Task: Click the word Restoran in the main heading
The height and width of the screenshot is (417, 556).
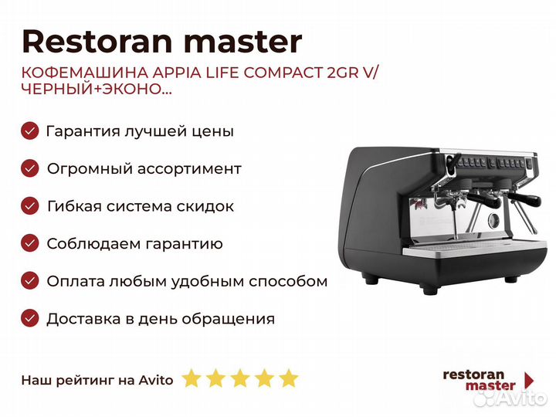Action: click(x=97, y=42)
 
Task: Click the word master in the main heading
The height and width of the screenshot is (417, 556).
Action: click(x=243, y=42)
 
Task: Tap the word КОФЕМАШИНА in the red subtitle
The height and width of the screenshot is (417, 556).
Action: click(x=84, y=73)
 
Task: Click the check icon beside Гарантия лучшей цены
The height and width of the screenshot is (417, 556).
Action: click(x=30, y=131)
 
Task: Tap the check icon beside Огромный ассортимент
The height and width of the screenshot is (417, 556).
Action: click(x=30, y=168)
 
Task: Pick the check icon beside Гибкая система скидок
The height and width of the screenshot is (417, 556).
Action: click(x=30, y=206)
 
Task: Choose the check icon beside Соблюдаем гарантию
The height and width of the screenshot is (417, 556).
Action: click(x=30, y=243)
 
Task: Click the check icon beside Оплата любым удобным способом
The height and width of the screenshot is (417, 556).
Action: click(x=30, y=281)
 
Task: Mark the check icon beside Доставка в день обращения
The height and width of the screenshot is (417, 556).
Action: click(x=30, y=318)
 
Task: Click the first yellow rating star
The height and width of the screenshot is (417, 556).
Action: click(x=192, y=378)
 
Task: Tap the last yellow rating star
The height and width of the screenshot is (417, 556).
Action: click(x=289, y=378)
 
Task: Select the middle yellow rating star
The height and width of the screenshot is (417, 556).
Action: click(x=240, y=378)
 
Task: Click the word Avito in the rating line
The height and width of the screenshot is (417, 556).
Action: click(x=156, y=380)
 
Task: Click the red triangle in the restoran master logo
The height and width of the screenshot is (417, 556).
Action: click(x=530, y=380)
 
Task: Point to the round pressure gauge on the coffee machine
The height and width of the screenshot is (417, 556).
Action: click(x=493, y=220)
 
